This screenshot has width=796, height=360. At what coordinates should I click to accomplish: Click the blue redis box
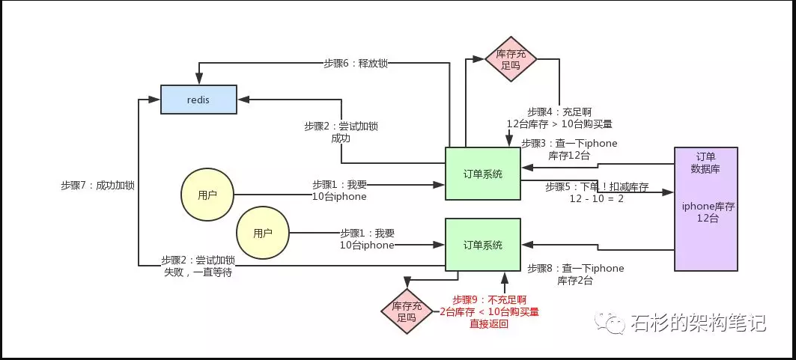[198, 99]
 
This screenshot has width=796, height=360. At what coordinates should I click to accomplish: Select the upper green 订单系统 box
[482, 174]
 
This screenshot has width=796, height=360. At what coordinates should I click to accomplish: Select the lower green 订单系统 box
[482, 245]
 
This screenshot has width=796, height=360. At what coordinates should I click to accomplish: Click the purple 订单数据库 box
[705, 208]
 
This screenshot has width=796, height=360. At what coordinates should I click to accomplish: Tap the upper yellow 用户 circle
[207, 195]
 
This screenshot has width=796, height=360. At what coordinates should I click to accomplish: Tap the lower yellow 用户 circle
[262, 233]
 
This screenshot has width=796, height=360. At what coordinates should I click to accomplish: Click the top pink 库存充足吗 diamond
[511, 59]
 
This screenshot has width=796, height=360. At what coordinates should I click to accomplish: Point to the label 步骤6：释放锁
[356, 64]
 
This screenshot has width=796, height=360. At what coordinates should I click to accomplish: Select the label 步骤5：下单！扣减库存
[596, 193]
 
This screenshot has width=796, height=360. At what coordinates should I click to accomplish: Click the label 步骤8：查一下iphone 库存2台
[575, 274]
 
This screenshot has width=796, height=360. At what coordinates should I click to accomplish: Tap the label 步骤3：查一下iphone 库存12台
[569, 149]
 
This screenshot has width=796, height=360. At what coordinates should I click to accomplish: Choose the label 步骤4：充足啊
[559, 117]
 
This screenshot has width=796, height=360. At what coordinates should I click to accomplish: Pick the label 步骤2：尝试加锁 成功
[341, 132]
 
